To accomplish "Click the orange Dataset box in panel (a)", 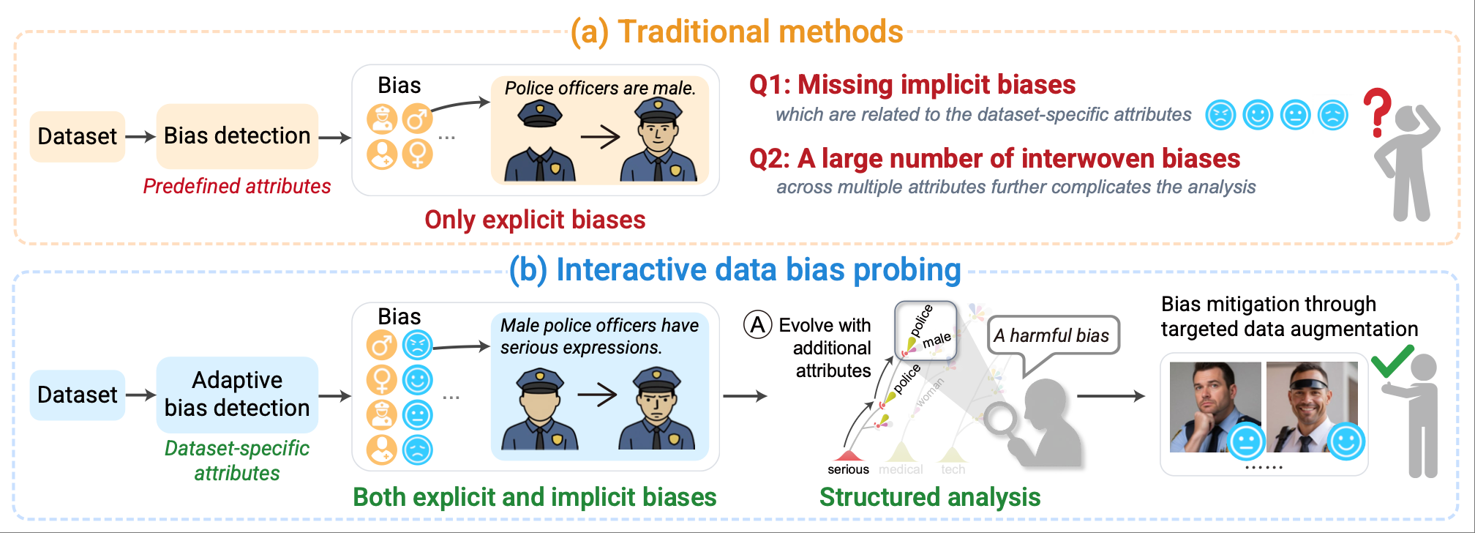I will point(77,136).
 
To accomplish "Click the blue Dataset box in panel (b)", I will point(77,395).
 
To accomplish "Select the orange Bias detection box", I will point(237,136).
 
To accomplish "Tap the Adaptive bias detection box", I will point(237,394).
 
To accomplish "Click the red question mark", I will point(1377,112).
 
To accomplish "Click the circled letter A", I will point(758,324).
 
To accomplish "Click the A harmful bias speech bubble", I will point(1052,335).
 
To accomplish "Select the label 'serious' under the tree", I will point(848,469).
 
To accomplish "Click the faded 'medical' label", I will point(901,469).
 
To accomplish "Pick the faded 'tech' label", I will point(953,469).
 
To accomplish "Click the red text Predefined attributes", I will point(237,186).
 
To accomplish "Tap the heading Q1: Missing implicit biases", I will point(912,85).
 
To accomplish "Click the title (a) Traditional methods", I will point(737,31).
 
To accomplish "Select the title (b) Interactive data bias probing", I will point(735,269).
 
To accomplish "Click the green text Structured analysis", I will point(929,497).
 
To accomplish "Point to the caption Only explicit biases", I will point(535,220).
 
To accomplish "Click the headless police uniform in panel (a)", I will point(540,146).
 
